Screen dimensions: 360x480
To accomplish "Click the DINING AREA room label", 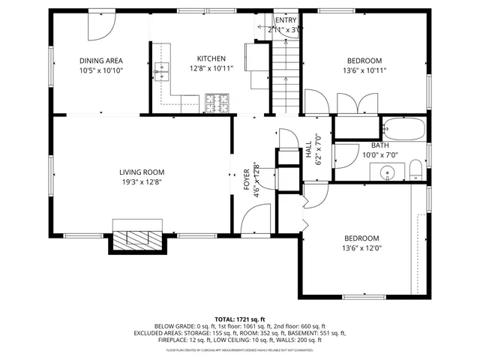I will point(101,61).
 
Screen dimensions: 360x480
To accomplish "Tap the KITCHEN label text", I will point(211,58).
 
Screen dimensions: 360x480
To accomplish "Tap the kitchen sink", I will point(162,72).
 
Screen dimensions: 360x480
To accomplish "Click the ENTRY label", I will point(285,20).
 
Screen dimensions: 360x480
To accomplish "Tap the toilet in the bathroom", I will point(415,170).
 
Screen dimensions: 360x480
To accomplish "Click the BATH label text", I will point(379,145).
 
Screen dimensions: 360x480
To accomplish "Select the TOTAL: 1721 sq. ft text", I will point(240,319).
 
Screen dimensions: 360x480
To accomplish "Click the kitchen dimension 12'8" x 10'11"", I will point(211,68).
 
